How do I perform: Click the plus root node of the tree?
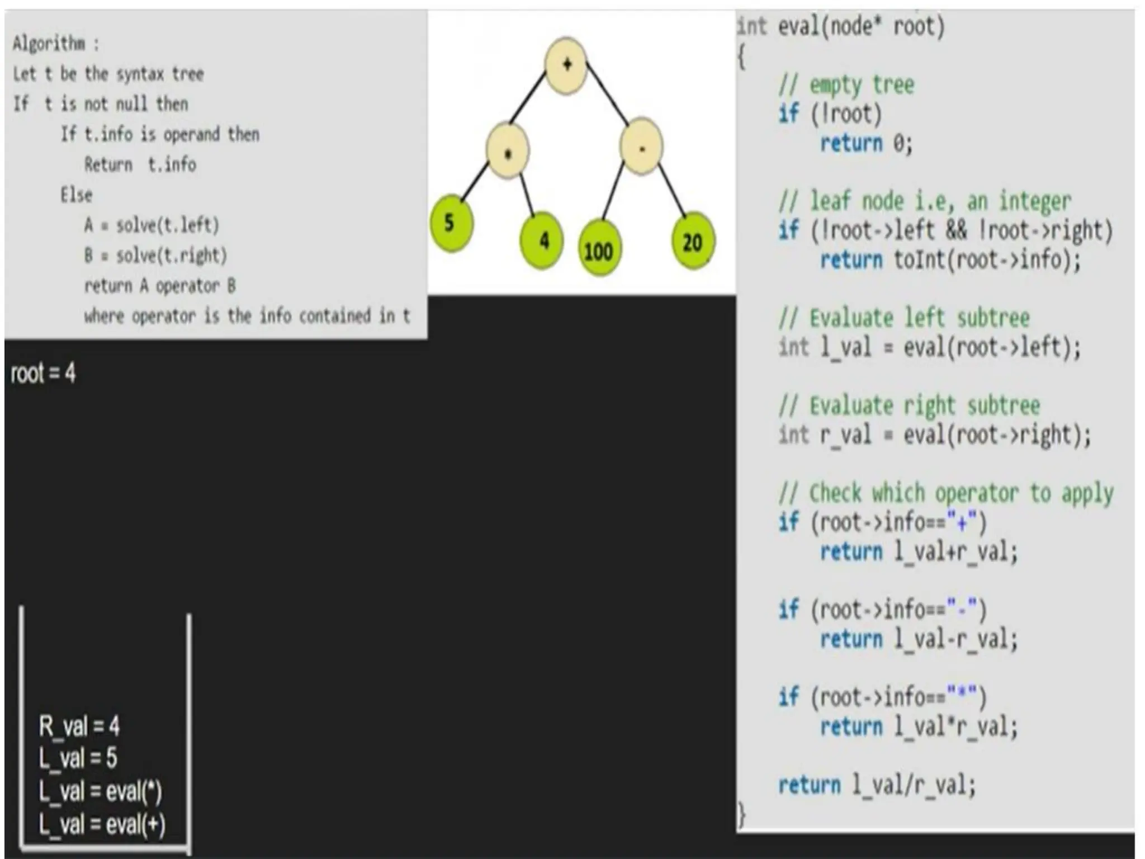point(566,65)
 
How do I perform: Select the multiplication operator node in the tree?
point(508,152)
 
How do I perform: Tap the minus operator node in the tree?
point(641,148)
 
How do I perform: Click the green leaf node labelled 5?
point(451,223)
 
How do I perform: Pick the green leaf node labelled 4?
point(541,240)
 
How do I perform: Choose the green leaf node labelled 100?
point(599,249)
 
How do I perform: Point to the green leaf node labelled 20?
point(693,241)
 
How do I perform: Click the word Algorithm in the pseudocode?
point(49,43)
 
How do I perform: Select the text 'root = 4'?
point(43,373)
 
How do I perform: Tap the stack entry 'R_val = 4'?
point(79,726)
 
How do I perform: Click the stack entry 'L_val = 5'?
point(78,758)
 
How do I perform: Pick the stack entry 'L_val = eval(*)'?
point(100,791)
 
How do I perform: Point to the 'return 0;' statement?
point(866,143)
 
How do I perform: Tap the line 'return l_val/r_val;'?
point(877,785)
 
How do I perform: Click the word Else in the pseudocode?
point(77,195)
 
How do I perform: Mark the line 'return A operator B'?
point(160,286)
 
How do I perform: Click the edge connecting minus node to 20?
point(673,187)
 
